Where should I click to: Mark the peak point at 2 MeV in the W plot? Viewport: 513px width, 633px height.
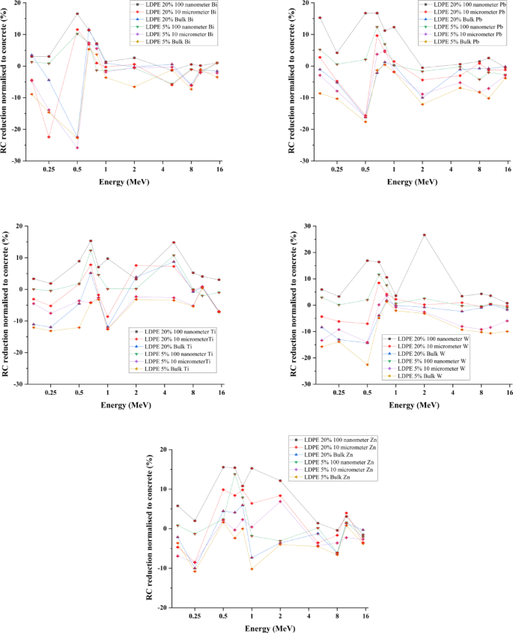[424, 235]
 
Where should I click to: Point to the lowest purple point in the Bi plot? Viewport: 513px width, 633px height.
[77, 148]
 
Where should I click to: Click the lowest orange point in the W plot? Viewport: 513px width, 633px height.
[367, 365]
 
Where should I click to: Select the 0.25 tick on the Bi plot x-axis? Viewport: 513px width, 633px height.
[49, 169]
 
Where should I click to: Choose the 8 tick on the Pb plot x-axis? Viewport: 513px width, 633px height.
[480, 169]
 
